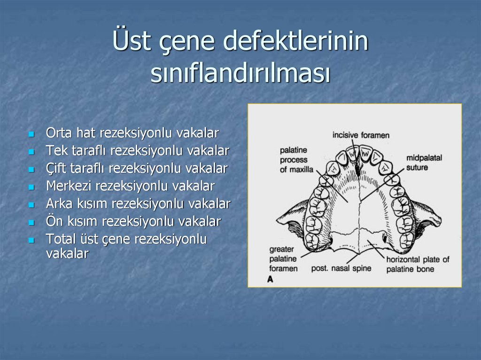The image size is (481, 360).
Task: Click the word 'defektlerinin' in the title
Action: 295,41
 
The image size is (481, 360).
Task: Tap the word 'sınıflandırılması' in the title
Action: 240,74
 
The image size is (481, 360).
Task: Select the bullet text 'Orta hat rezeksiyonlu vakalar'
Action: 132,133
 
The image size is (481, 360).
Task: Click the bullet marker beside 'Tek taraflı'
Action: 31,152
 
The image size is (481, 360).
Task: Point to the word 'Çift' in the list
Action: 56,168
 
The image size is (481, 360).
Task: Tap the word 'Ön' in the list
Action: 53,221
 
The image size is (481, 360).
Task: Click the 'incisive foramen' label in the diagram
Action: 361,135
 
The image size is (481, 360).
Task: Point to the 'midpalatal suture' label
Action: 424,162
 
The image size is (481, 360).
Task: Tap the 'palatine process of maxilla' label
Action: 296,160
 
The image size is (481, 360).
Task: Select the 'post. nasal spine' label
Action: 341,268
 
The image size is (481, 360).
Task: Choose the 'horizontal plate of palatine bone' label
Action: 418,264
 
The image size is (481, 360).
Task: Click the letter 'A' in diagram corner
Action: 270,279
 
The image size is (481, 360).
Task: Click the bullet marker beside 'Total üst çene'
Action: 31,240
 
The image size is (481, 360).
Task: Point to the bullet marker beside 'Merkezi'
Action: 31,187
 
